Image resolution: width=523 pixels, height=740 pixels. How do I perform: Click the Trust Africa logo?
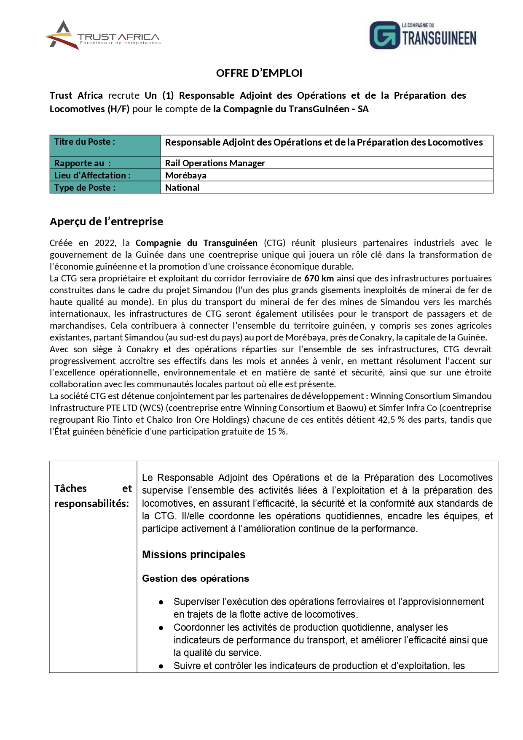pyautogui.click(x=103, y=35)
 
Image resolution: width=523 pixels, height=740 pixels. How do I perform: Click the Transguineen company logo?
pyautogui.click(x=423, y=35)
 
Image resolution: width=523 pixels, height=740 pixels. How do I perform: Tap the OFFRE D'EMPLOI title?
pyautogui.click(x=259, y=73)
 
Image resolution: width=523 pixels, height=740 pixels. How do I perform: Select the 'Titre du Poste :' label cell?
pyautogui.click(x=85, y=142)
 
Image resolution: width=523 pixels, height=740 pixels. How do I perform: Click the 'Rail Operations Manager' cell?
pyautogui.click(x=215, y=163)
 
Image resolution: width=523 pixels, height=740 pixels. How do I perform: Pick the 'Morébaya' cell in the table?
pyautogui.click(x=186, y=175)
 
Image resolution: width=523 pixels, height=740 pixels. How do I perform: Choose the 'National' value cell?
pyautogui.click(x=182, y=187)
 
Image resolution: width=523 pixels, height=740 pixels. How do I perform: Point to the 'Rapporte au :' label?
pyautogui.click(x=83, y=163)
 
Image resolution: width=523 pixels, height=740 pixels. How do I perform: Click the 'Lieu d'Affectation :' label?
pyautogui.click(x=92, y=175)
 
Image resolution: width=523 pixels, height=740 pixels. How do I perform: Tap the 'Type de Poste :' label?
pyautogui.click(x=85, y=187)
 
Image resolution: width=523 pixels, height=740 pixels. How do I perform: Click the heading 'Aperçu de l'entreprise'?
pyautogui.click(x=106, y=221)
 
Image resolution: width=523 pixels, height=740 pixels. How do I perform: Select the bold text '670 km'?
pyautogui.click(x=319, y=278)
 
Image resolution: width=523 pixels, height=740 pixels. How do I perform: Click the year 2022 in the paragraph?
pyautogui.click(x=105, y=243)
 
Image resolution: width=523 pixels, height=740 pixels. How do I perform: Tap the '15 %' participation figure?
pyautogui.click(x=276, y=432)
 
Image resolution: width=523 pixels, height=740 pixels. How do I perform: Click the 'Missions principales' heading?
pyautogui.click(x=193, y=554)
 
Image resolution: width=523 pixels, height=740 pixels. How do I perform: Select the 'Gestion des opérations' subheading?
pyautogui.click(x=196, y=578)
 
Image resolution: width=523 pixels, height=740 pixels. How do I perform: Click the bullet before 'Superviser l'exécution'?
pyautogui.click(x=161, y=602)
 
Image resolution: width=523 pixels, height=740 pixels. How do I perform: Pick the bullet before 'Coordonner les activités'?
pyautogui.click(x=161, y=628)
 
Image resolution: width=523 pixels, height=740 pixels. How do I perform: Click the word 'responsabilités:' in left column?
pyautogui.click(x=91, y=503)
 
